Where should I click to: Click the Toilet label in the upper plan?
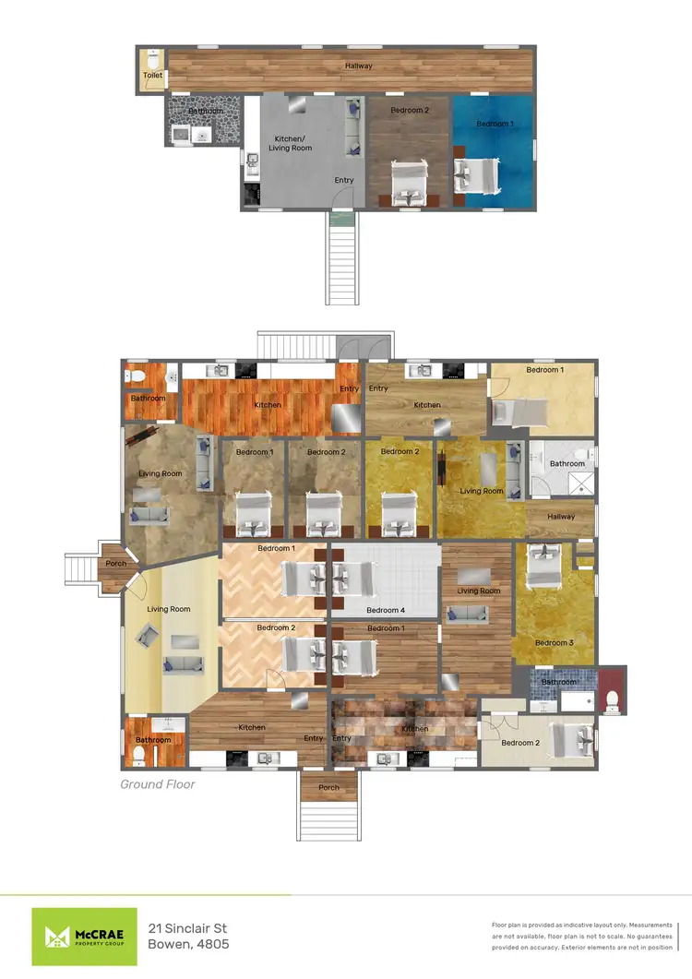(x=152, y=76)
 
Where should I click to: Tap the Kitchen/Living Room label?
(x=290, y=143)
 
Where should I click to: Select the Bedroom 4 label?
(x=385, y=610)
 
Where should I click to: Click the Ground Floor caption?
(x=158, y=784)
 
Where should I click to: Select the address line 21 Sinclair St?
(x=187, y=927)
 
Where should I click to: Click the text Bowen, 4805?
(x=188, y=944)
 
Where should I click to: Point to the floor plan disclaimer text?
(x=582, y=936)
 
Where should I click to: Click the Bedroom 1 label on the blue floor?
(x=495, y=124)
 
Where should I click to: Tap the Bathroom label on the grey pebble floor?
(x=205, y=112)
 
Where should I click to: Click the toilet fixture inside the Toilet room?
(x=152, y=56)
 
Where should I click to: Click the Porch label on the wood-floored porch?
(x=116, y=564)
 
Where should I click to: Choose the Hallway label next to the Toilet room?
(x=359, y=66)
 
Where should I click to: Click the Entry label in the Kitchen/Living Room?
(x=343, y=181)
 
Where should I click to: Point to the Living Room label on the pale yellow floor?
(x=169, y=609)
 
